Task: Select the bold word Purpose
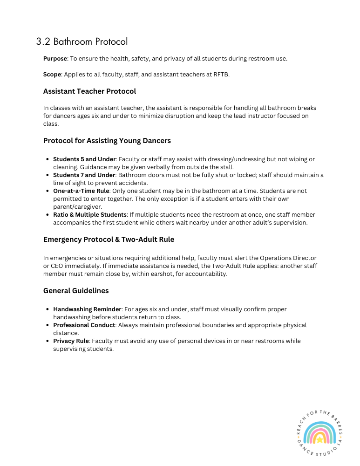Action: tap(55, 59)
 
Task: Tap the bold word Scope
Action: tap(52, 75)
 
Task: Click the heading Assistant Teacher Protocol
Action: tap(89, 91)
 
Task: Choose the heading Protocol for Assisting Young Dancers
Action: tap(107, 141)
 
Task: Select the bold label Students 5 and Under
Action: tap(84, 159)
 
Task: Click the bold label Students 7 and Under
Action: tap(84, 175)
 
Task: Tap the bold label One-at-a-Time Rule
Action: tap(80, 191)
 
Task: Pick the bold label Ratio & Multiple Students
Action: tap(89, 215)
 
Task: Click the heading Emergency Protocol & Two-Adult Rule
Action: tap(109, 240)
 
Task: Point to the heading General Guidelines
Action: tap(76, 291)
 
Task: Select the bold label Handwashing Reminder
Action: tap(87, 309)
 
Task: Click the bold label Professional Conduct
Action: tap(84, 325)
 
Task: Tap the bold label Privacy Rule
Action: tap(71, 341)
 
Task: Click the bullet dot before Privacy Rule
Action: tap(48, 341)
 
